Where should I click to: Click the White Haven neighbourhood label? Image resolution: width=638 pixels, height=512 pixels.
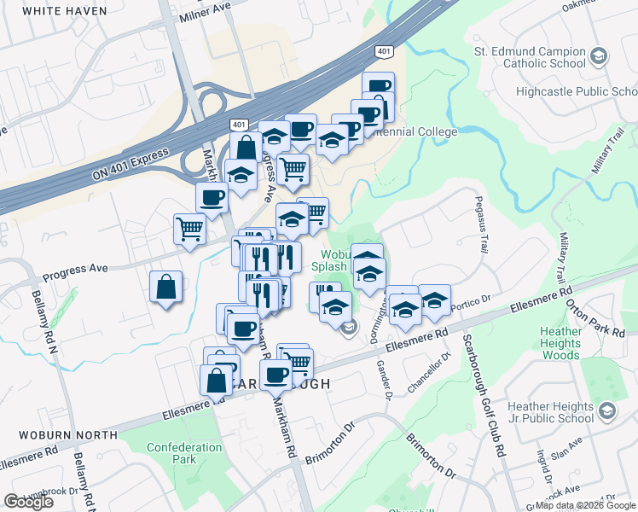click(x=65, y=11)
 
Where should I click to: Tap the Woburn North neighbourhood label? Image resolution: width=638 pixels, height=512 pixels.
click(x=59, y=435)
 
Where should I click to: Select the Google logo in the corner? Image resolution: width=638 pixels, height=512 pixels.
click(x=28, y=501)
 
